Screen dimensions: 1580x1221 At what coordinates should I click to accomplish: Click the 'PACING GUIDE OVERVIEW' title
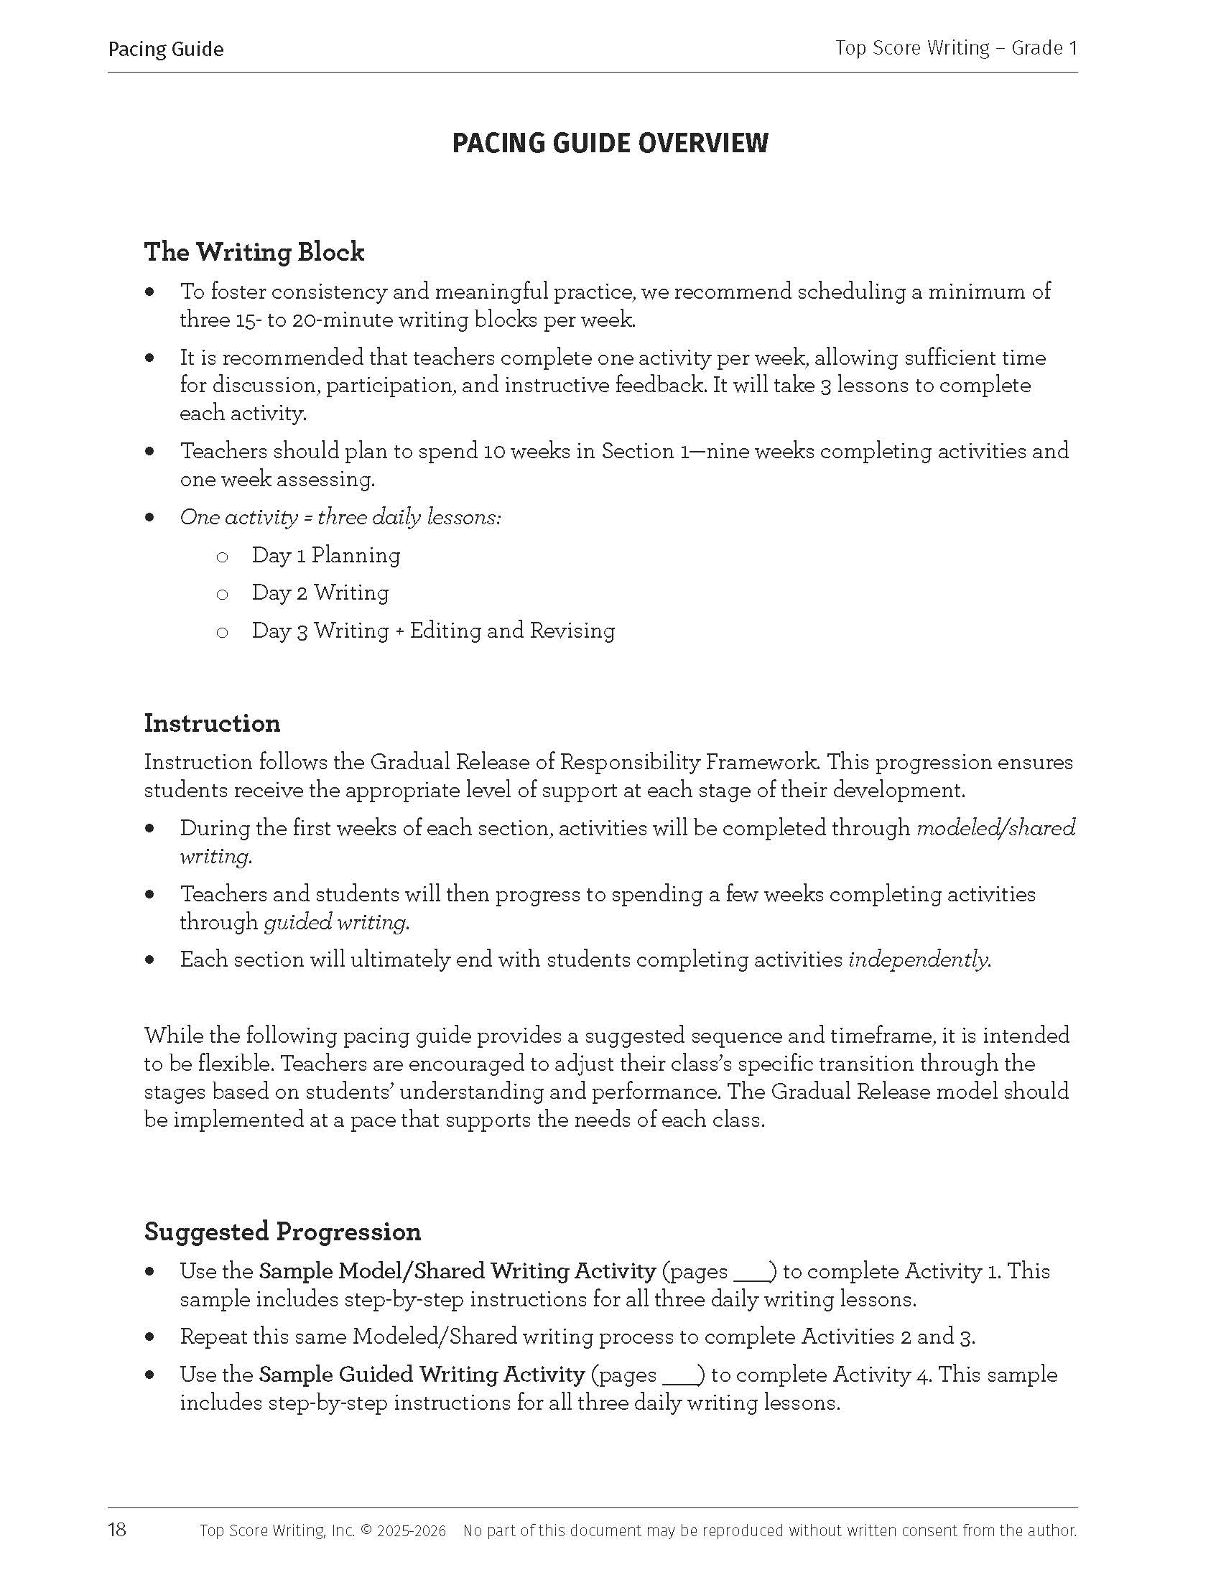[x=610, y=143]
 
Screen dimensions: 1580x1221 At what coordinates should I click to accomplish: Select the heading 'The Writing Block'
[x=254, y=253]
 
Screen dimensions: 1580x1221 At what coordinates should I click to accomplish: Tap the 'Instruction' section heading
[x=212, y=723]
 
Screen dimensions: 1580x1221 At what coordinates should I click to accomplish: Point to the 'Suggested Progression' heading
[x=282, y=1231]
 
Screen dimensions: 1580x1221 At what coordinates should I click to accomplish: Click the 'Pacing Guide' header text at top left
[x=166, y=49]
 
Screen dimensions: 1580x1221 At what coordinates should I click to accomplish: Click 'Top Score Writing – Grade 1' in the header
[x=955, y=48]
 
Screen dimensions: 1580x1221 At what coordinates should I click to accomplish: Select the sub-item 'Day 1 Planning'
[x=325, y=555]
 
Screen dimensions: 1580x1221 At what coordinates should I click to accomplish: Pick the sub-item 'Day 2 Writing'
[x=320, y=592]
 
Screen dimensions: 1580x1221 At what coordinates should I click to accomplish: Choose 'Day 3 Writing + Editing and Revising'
[x=433, y=630]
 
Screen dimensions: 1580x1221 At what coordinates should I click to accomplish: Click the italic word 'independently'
[x=918, y=959]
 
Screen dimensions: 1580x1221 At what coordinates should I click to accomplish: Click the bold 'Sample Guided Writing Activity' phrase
[x=422, y=1374]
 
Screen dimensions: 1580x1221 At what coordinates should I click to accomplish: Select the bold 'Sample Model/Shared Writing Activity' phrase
[x=457, y=1271]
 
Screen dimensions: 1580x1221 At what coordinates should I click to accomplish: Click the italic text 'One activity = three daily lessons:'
[x=340, y=517]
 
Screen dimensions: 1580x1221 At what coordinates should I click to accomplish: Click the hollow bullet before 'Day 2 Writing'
[x=222, y=595]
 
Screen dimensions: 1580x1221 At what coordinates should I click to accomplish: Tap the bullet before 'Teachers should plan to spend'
[x=149, y=452]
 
